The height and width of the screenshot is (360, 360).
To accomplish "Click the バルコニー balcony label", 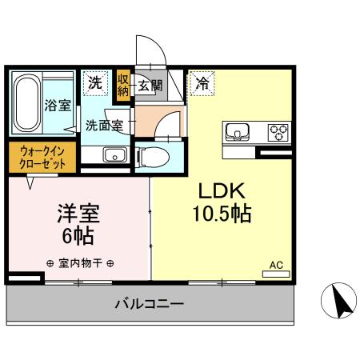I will (150, 304).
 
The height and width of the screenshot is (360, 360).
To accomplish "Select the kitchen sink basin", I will (238, 131).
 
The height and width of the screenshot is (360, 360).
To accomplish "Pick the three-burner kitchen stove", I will (278, 131).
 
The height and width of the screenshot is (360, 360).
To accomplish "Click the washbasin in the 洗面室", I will (114, 155).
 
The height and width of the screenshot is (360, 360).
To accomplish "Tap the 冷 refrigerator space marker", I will (202, 82).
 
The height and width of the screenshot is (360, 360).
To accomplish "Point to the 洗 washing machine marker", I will (95, 82).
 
